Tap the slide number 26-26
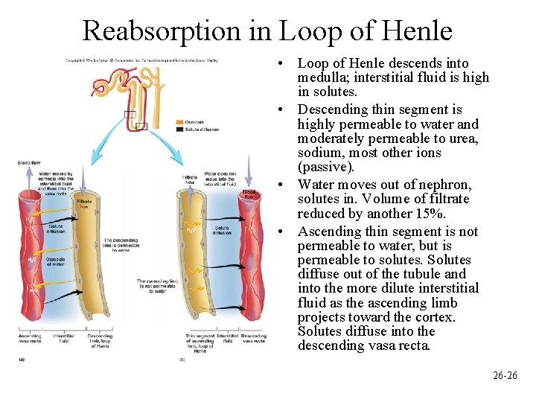(x=505, y=375)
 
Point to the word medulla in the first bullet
(x=321, y=78)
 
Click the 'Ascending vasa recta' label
(x=30, y=339)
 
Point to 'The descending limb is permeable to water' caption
(x=121, y=246)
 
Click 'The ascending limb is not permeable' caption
(x=156, y=285)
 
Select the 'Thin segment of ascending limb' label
(x=199, y=342)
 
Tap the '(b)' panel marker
(x=182, y=360)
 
